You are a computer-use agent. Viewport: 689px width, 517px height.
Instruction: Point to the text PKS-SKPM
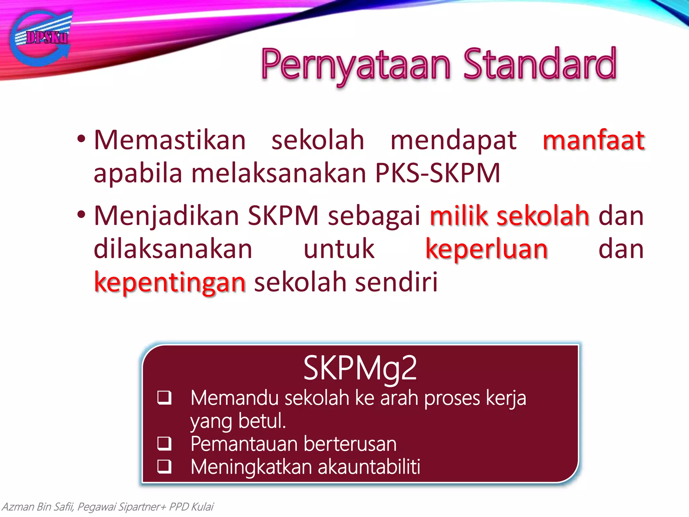click(437, 173)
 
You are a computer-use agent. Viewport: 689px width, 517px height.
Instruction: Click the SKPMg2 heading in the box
click(360, 368)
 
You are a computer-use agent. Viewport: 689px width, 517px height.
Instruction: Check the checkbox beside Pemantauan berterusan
click(165, 443)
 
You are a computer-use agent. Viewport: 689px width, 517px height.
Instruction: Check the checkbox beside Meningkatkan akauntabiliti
click(165, 467)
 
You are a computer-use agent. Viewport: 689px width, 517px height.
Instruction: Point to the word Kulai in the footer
click(202, 507)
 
